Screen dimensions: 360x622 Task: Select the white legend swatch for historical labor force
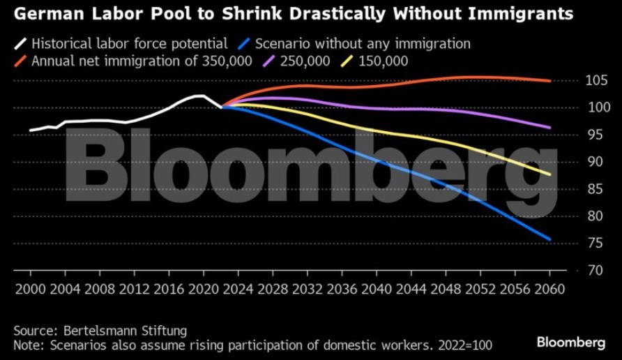(x=20, y=44)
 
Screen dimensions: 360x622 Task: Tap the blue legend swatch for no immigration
(x=243, y=44)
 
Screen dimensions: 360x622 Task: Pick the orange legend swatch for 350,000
(x=20, y=61)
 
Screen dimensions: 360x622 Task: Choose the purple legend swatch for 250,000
(x=268, y=61)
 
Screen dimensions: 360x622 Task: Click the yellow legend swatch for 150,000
(x=347, y=61)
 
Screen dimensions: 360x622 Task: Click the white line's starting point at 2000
(x=30, y=130)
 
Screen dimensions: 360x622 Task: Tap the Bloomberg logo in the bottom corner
(x=570, y=343)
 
